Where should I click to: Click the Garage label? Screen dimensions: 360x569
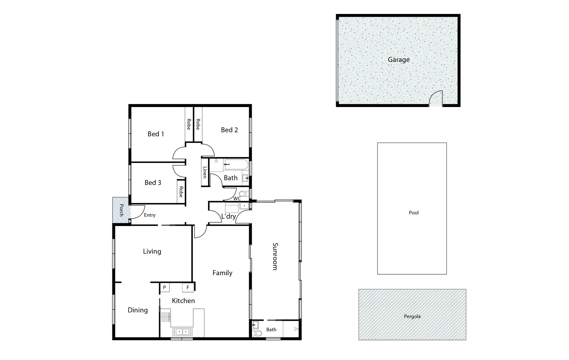click(399, 60)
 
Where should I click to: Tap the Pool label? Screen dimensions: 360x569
click(414, 213)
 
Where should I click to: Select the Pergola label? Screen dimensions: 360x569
click(412, 316)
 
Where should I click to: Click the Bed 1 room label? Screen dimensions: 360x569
click(156, 134)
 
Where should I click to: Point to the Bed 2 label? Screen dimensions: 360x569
click(229, 130)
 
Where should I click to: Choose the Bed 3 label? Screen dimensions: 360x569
click(153, 183)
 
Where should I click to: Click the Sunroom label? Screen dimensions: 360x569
click(275, 256)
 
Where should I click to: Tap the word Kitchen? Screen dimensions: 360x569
click(183, 301)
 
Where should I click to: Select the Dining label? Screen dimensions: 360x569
click(138, 310)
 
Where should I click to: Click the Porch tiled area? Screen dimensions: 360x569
click(120, 211)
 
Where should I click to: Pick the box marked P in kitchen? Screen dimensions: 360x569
click(164, 287)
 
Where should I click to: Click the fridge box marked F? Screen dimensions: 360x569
click(188, 287)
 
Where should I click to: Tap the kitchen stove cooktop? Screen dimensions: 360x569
click(166, 317)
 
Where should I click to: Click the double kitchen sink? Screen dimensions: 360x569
click(182, 332)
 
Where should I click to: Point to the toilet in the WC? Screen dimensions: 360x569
click(243, 194)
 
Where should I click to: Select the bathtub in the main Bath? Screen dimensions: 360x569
click(236, 164)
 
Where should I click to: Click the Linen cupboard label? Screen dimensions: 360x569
click(205, 172)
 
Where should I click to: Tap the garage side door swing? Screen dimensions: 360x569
click(436, 99)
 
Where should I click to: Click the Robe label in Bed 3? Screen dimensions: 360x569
click(181, 192)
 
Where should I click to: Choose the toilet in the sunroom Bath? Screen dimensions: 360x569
click(258, 333)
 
